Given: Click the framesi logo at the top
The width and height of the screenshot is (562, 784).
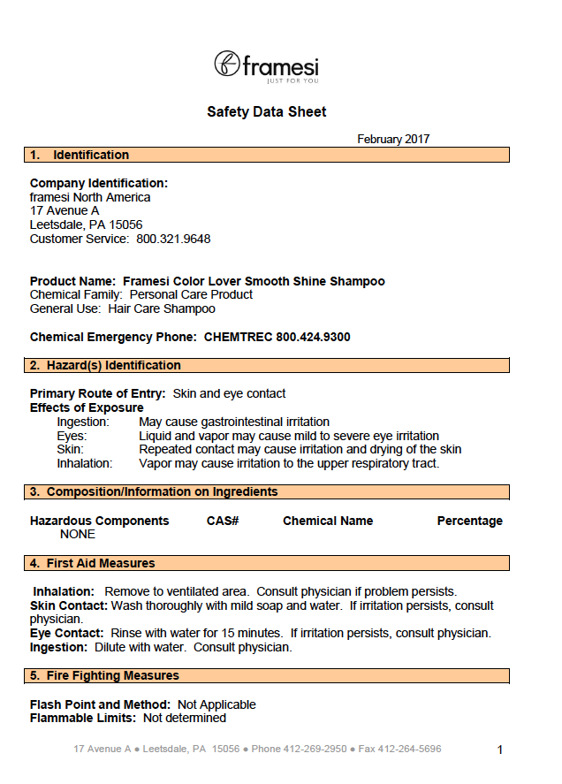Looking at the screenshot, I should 266,65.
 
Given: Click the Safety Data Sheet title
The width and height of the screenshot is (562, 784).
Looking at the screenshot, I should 266,112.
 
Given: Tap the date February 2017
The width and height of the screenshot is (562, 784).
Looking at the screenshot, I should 393,140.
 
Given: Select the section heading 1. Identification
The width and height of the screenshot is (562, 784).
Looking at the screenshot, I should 79,156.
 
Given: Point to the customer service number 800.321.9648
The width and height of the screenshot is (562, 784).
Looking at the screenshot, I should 173,240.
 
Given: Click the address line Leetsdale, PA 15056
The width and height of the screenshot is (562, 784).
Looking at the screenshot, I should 86,225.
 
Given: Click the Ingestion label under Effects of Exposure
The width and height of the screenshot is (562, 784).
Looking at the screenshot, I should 83,422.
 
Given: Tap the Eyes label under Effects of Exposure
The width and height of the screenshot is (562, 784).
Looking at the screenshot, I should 72,436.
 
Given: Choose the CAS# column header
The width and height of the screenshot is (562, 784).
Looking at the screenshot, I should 223,521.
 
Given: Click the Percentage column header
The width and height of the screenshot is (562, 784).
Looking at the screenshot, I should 469,521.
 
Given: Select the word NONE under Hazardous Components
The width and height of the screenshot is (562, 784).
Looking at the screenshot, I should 78,535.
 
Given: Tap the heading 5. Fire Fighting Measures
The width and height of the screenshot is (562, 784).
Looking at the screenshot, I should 104,676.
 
